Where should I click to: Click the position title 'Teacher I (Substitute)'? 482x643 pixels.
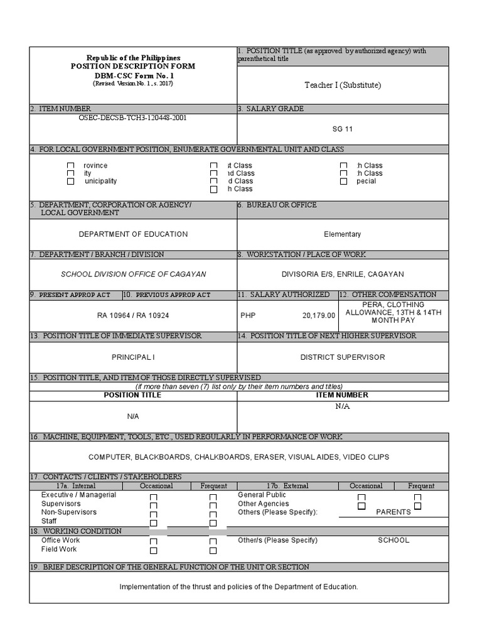click(x=343, y=85)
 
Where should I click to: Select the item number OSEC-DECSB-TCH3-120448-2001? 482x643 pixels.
click(x=132, y=117)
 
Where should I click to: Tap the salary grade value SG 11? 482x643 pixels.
click(x=343, y=129)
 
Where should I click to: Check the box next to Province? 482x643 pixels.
click(x=71, y=166)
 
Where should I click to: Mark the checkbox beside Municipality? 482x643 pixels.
click(x=71, y=181)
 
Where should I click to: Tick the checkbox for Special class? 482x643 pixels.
click(x=343, y=181)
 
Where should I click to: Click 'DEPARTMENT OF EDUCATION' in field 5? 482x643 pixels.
click(x=133, y=234)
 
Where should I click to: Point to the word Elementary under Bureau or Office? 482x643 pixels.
click(x=343, y=234)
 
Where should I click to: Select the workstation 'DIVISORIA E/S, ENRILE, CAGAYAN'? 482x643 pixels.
click(x=343, y=274)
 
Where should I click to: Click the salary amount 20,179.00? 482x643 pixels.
click(x=319, y=316)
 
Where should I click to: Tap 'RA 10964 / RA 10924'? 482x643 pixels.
click(x=133, y=316)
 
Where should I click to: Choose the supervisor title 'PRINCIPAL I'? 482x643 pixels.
click(x=133, y=357)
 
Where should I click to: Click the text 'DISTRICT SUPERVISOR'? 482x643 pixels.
click(x=343, y=357)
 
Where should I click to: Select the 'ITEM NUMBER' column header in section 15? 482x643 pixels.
click(x=343, y=396)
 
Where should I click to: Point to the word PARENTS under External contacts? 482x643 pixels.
click(x=394, y=512)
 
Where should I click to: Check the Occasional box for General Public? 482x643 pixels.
click(x=361, y=497)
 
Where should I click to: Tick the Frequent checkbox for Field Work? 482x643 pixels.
click(x=213, y=551)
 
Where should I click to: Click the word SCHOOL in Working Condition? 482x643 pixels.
click(x=394, y=540)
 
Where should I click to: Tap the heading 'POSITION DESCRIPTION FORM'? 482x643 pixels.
click(x=133, y=67)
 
